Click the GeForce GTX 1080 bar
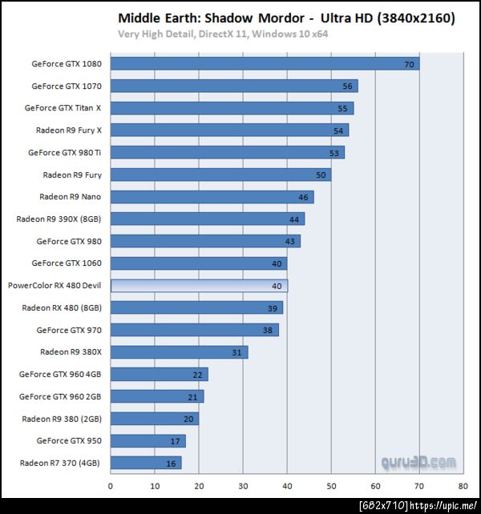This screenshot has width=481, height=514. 265,64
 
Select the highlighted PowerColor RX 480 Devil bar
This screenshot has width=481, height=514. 199,285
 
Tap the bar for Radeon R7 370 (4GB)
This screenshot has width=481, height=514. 146,463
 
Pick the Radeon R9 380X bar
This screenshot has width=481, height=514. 179,352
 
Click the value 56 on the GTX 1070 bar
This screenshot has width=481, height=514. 347,86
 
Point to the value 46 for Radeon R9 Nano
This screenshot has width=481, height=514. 303,197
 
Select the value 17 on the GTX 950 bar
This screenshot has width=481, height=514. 175,441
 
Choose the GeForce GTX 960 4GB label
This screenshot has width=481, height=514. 66,374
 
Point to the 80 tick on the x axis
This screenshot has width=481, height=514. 463,485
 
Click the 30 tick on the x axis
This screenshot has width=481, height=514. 243,485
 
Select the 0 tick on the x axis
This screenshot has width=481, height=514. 111,485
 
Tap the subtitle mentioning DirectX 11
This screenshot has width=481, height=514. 223,34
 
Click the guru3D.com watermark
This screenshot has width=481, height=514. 418,463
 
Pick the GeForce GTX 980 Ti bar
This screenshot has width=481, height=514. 227,153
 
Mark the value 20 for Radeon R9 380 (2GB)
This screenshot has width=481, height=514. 188,419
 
